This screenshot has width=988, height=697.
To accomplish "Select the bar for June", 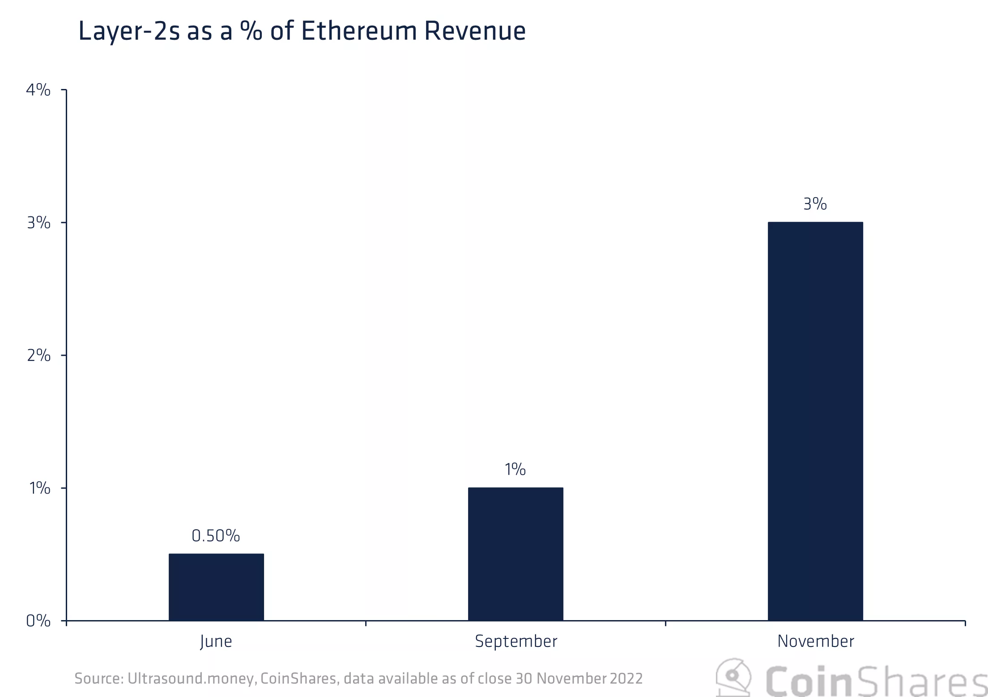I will pyautogui.click(x=216, y=587).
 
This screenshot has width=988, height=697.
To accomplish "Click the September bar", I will pyautogui.click(x=515, y=553).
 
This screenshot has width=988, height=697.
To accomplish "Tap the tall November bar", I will pyautogui.click(x=815, y=421).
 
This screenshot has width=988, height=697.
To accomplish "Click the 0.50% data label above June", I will pyautogui.click(x=216, y=536).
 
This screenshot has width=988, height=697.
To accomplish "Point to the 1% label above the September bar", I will pyautogui.click(x=515, y=469).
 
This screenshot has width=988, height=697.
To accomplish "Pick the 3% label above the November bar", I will pyautogui.click(x=815, y=204).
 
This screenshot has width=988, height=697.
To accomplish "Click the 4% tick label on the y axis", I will pyautogui.click(x=38, y=90).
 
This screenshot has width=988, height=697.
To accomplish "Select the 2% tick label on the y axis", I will pyautogui.click(x=38, y=355).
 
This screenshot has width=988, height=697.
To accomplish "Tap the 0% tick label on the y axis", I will pyautogui.click(x=38, y=621).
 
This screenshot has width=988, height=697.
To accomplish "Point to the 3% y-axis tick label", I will pyautogui.click(x=38, y=223).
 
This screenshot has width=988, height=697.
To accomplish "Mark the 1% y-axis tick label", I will pyautogui.click(x=39, y=488).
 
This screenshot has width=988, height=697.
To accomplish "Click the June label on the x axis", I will pyautogui.click(x=216, y=642).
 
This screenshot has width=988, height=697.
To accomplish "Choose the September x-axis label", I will pyautogui.click(x=516, y=642).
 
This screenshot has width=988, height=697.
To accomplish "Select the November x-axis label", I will pyautogui.click(x=815, y=642).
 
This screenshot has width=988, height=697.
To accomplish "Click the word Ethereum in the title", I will pyautogui.click(x=359, y=31).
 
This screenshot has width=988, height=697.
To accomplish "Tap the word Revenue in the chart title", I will pyautogui.click(x=475, y=31).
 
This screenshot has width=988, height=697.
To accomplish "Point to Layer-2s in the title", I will pyautogui.click(x=129, y=32).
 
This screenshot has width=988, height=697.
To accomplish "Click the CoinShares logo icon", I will pyautogui.click(x=733, y=678).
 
